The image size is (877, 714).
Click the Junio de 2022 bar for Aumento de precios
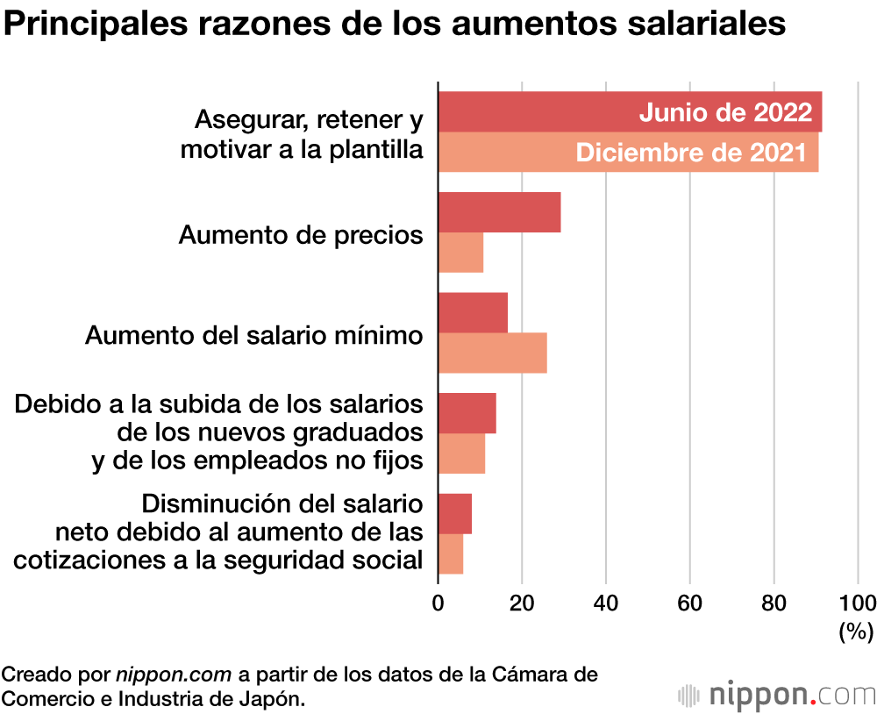point(499,212)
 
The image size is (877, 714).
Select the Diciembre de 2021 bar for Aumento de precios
point(460,253)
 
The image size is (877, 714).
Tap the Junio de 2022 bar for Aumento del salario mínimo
point(473,313)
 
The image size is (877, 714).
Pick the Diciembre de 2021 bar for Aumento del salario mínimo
point(492,353)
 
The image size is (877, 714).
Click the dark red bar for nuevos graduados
point(467,413)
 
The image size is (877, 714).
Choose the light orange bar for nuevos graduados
point(461,453)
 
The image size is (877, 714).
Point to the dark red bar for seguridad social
point(454,514)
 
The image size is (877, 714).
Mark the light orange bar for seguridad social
point(451,554)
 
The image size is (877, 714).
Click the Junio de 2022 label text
point(724,112)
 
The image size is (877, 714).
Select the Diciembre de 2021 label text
point(690,153)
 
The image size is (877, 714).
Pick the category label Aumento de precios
point(301,234)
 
